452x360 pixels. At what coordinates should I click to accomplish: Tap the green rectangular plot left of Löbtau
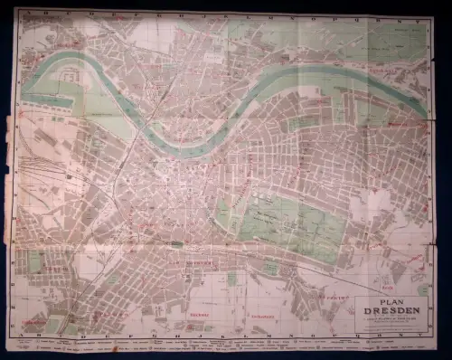pos(34,262)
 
